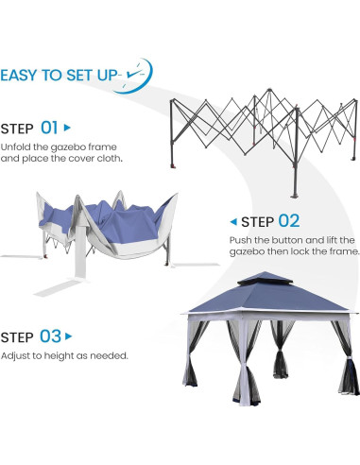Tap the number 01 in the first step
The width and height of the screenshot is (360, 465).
(x=50, y=127)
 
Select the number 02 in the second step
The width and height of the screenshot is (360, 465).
(x=288, y=221)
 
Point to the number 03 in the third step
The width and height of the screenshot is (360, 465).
(x=51, y=336)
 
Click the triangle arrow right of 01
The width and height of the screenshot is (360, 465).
(x=67, y=127)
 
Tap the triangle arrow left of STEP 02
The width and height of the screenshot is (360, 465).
(x=233, y=221)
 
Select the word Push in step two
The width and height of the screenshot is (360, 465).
(x=240, y=241)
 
